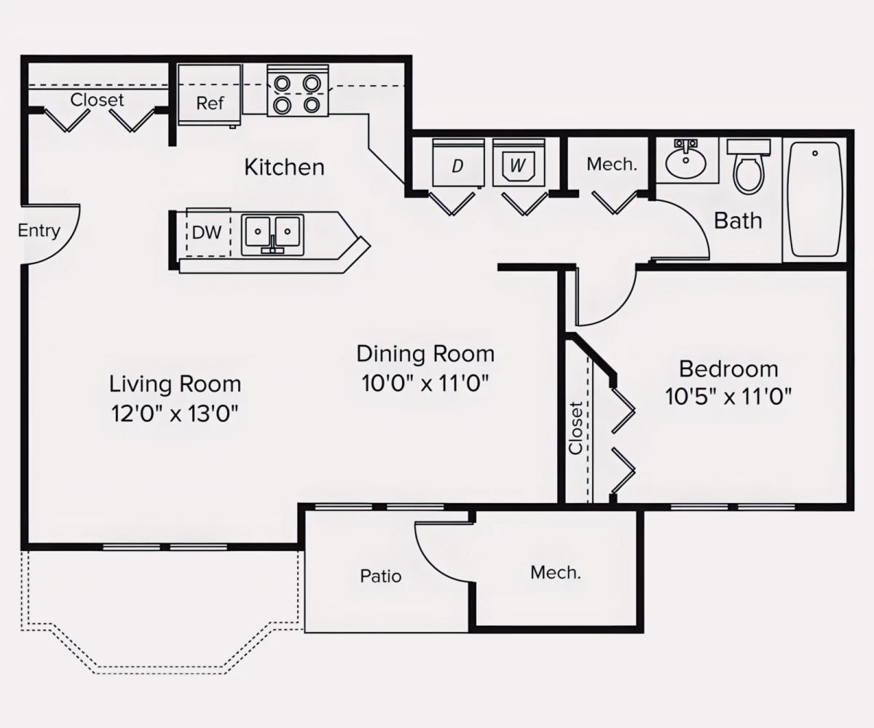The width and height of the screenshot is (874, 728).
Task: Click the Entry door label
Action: coord(39,232)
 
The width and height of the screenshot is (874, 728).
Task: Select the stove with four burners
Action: coord(297,91)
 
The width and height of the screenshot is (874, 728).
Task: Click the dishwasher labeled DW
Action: coord(207,233)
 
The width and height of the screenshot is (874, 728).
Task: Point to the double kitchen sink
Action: coord(272,233)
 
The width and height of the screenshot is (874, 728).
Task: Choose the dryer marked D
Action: coord(457,164)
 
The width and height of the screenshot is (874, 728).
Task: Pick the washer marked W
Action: coord(518,164)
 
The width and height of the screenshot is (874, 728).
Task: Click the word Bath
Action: coord(738,221)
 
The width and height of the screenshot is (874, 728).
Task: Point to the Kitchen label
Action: coord(284,167)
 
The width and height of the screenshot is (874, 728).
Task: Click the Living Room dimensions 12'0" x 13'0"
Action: coord(175,414)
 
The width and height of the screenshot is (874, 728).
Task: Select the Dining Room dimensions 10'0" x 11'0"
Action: coord(425,383)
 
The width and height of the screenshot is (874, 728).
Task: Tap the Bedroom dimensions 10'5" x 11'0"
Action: coord(728,397)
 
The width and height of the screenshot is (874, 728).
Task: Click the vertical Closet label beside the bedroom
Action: coord(576,428)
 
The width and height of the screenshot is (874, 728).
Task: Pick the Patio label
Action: coord(381,576)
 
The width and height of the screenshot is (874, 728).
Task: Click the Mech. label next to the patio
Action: coord(556,572)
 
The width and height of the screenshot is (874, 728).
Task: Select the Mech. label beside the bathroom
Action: coord(612,165)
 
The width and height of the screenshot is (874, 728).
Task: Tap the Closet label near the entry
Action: coord(97,100)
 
